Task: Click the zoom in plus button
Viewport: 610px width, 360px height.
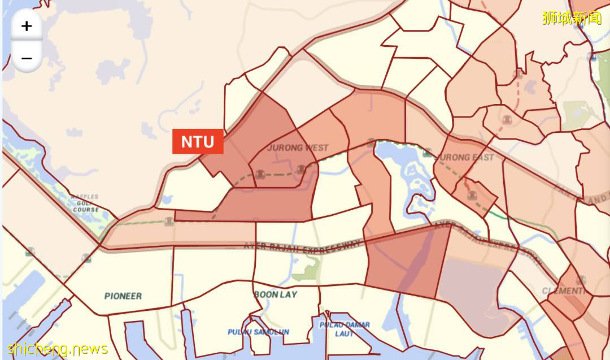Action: point(27,26)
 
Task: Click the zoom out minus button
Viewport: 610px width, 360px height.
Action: point(27,58)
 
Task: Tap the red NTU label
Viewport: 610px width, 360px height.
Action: point(198,141)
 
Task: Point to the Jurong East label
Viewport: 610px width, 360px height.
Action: point(467,157)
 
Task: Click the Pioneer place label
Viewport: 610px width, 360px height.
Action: point(123,296)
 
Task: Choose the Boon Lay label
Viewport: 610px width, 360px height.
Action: point(276,294)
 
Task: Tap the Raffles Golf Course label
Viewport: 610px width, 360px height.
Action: point(85,203)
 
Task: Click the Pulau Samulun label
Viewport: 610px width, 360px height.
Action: point(259,332)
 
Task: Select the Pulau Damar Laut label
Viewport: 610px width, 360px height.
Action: point(345,329)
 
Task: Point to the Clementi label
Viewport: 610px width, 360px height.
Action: point(564,290)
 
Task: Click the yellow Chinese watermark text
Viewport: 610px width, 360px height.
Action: point(572,18)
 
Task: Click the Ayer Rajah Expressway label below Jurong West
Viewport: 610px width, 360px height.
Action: point(302,247)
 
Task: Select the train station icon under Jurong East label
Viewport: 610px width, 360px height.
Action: point(472,196)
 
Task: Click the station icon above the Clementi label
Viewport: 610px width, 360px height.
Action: point(581,280)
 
